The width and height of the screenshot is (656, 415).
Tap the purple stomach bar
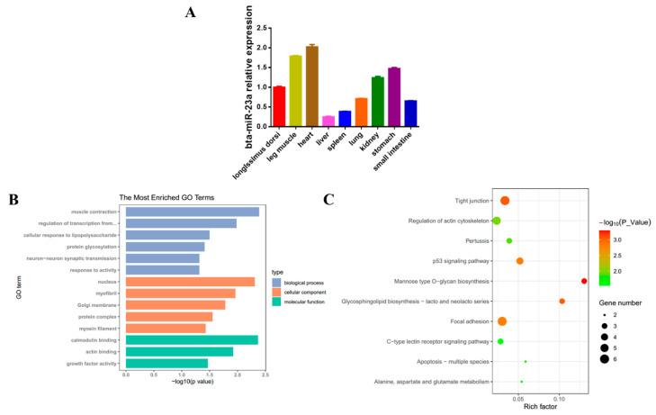[x=394, y=96]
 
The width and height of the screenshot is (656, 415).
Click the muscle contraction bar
[x=192, y=212]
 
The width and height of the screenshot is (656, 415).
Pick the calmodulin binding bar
[x=192, y=340]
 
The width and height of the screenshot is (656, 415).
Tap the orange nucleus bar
[x=190, y=282]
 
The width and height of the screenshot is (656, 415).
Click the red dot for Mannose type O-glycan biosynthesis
[x=584, y=281]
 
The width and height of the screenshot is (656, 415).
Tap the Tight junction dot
[x=505, y=201]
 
